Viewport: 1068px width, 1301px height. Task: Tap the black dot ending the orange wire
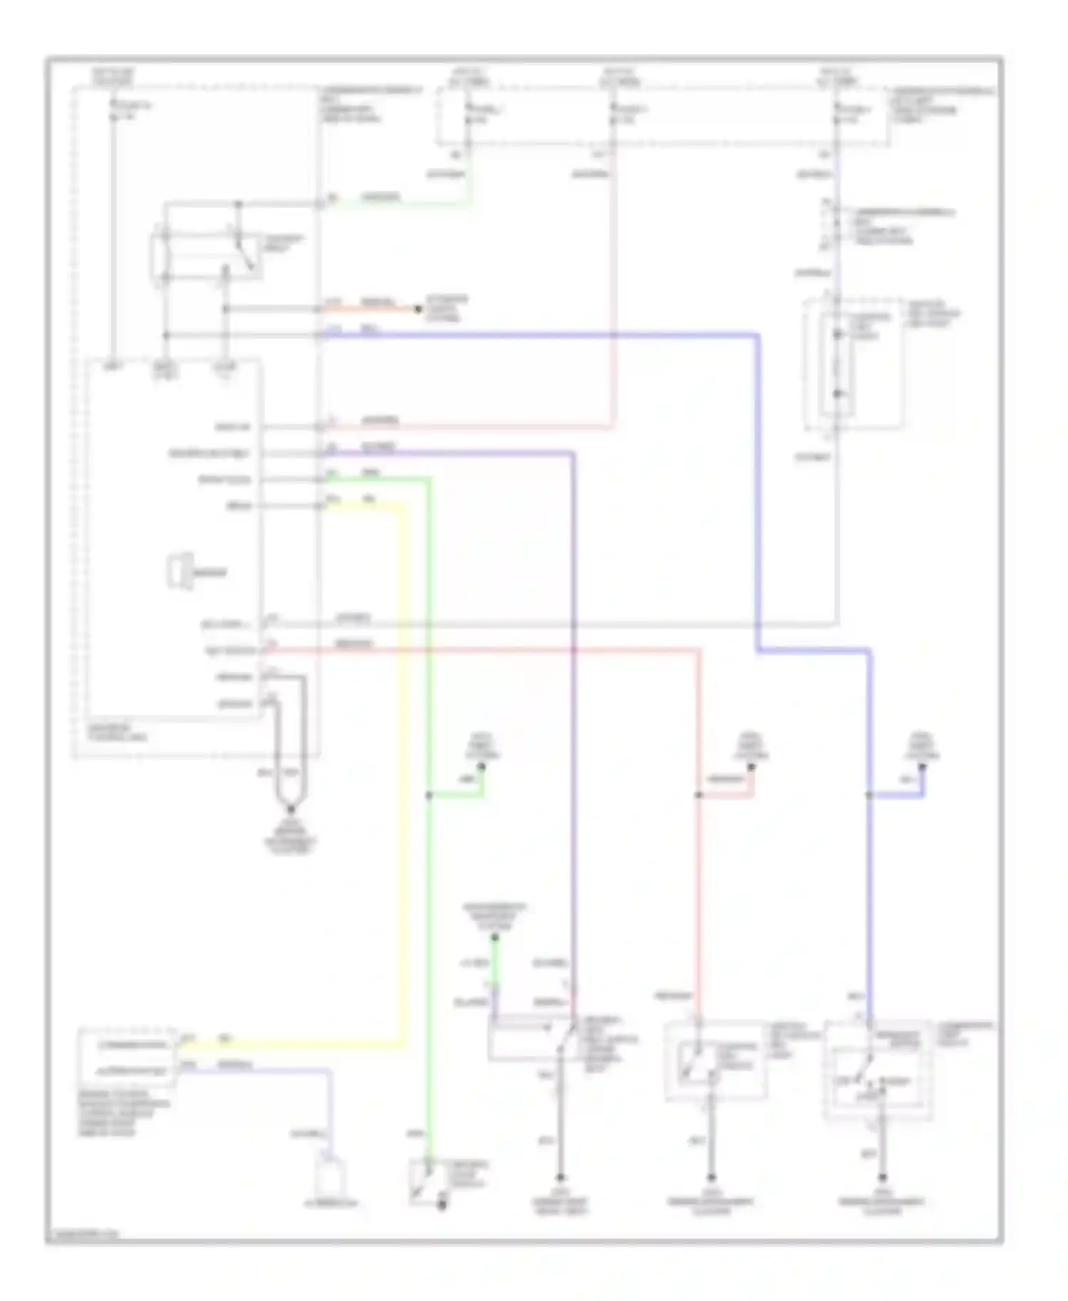point(418,310)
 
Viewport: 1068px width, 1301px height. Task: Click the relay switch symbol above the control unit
point(206,253)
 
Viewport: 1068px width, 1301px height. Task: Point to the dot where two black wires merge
point(290,810)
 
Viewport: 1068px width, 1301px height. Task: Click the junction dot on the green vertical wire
point(429,795)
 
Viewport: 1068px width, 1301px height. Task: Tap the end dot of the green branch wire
point(482,767)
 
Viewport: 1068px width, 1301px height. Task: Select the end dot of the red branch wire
point(750,767)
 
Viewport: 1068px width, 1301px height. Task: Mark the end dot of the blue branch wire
point(922,767)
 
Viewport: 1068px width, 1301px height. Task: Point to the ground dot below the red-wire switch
point(711,1178)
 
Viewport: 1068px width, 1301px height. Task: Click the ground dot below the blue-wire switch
point(883,1178)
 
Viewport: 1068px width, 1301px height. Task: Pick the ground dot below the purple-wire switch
point(560,1178)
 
